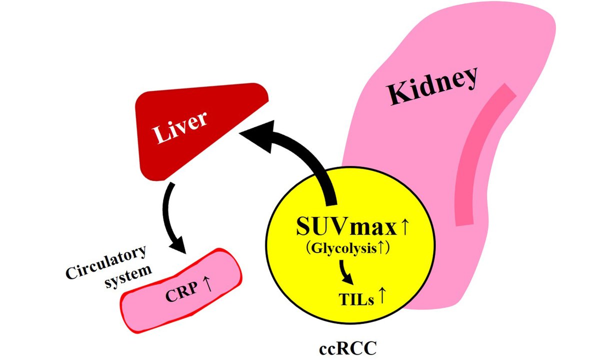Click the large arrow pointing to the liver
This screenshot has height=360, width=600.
click(305, 160)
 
